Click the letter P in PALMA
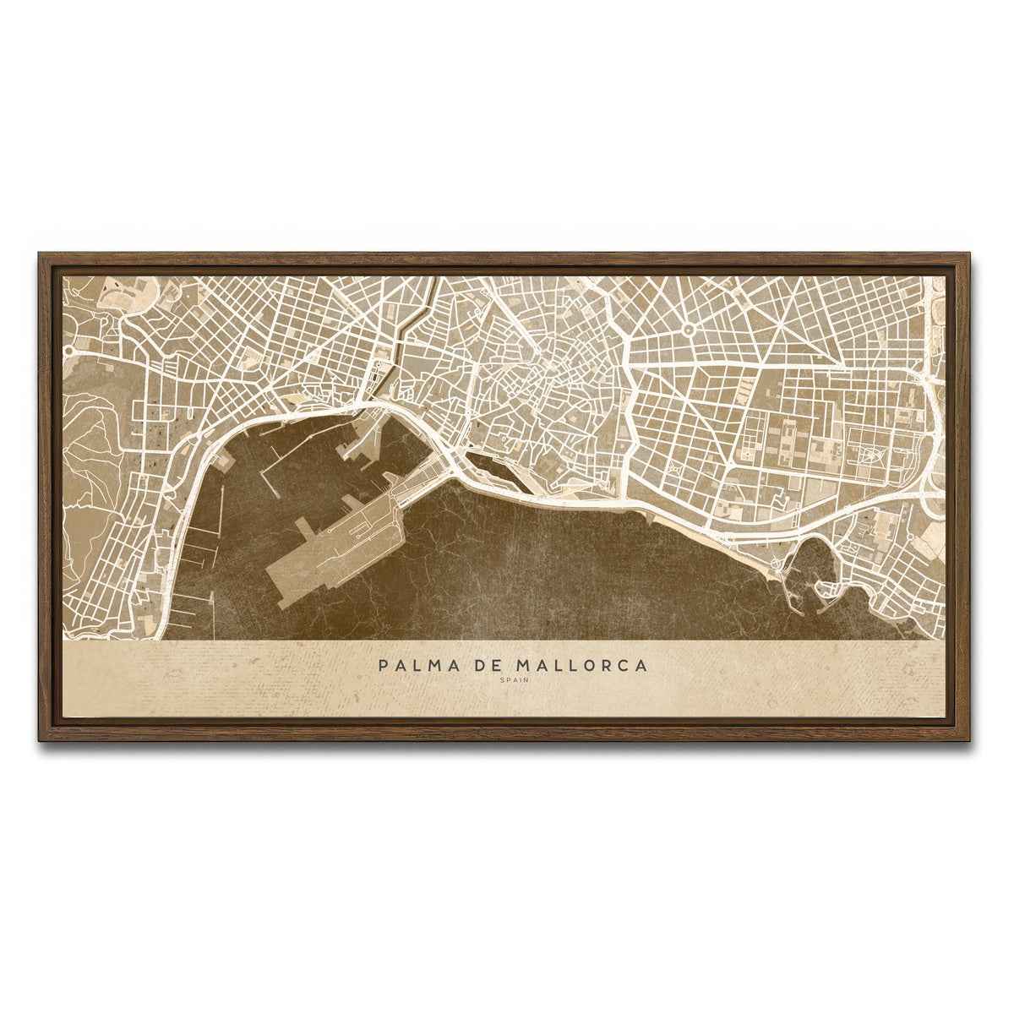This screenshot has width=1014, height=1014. click(x=384, y=665)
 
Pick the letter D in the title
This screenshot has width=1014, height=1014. click(x=480, y=665)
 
